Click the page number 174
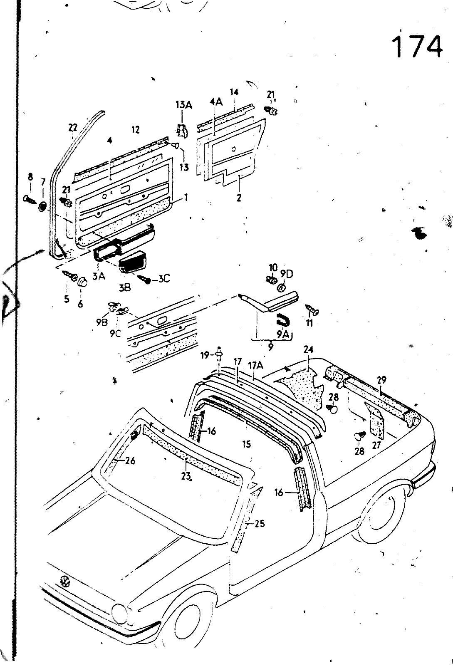click(x=417, y=47)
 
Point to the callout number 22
click(x=73, y=127)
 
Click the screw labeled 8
click(x=30, y=198)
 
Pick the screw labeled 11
click(x=313, y=309)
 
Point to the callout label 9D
click(x=287, y=275)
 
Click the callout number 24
click(x=308, y=349)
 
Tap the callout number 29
click(x=381, y=379)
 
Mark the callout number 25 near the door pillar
click(x=260, y=524)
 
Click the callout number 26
click(x=130, y=461)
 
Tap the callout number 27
click(x=377, y=446)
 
